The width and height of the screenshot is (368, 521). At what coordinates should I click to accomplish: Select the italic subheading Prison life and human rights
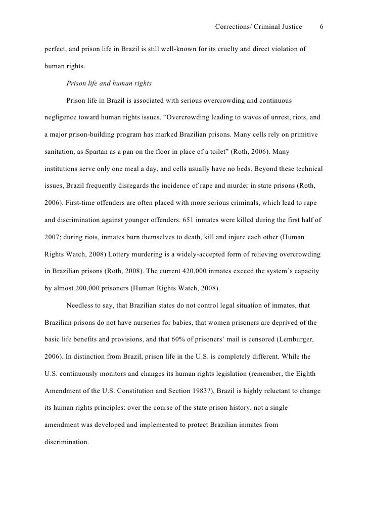click(109, 83)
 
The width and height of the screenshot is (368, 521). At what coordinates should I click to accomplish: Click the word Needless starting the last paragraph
click(81, 306)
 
